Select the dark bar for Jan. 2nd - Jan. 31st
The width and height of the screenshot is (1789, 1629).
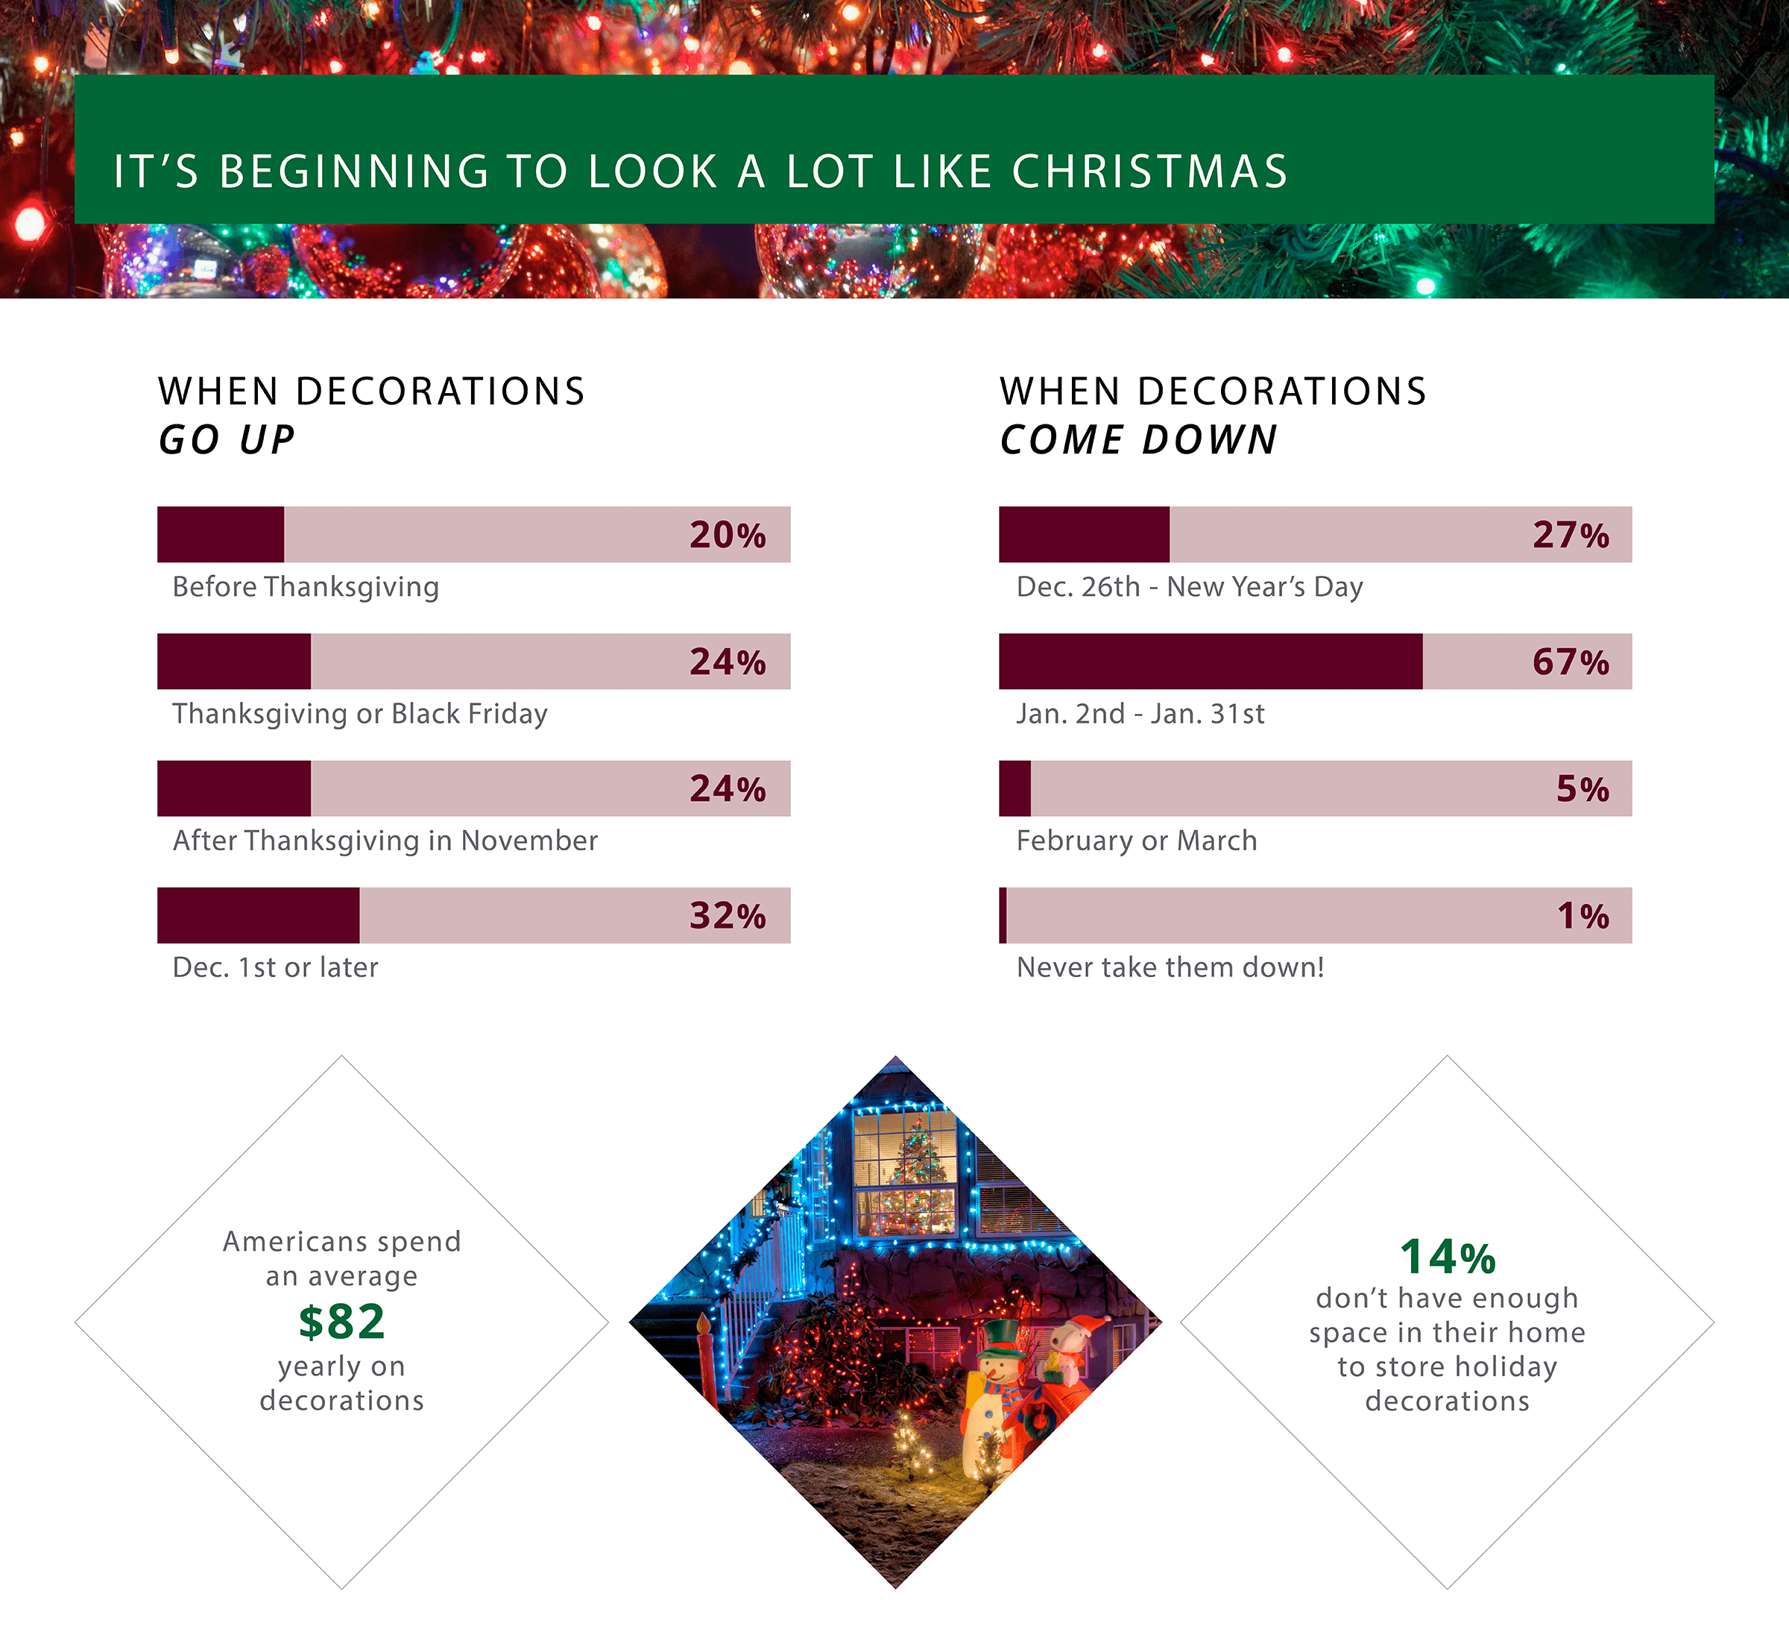coord(1210,662)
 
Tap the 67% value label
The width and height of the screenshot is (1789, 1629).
coord(1570,662)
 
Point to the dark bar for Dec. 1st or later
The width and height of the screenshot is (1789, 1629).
coord(258,915)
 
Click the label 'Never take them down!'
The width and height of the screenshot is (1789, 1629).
coord(1170,967)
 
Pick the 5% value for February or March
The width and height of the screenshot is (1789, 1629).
coord(1583,789)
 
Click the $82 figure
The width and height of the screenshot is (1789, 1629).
coord(341,1321)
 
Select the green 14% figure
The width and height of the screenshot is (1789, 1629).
coord(1448,1257)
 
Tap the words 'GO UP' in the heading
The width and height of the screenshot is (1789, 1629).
coord(227,440)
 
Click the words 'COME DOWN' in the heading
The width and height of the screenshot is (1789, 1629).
coord(1138,440)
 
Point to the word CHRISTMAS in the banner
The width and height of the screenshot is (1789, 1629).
coord(1149,172)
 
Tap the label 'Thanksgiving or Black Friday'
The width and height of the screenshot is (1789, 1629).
coord(359,714)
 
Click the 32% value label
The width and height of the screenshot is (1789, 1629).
coord(728,916)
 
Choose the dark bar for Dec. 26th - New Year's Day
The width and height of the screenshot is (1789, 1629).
coord(1084,534)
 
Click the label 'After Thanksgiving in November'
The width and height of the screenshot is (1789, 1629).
coord(385,840)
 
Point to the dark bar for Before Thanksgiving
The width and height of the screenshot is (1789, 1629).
coord(220,534)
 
